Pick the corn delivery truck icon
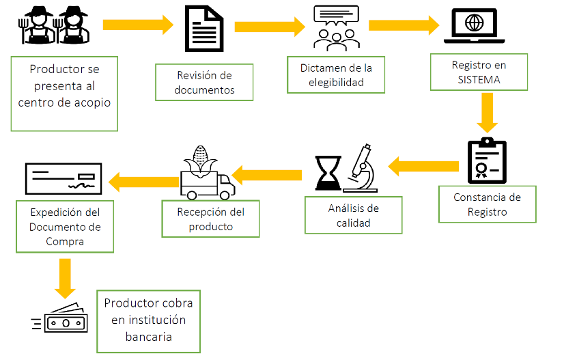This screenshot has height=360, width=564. pyautogui.click(x=206, y=171)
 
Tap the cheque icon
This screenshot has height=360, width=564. pyautogui.click(x=63, y=180)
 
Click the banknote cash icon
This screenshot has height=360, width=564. pyautogui.click(x=66, y=320)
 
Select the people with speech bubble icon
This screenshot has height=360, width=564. pyautogui.click(x=336, y=28)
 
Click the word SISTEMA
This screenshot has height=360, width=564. pyautogui.click(x=479, y=79)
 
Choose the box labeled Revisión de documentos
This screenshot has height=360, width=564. pyautogui.click(x=204, y=82)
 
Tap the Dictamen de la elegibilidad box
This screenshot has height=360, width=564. pyautogui.click(x=336, y=75)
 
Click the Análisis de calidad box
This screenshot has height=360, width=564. pyautogui.click(x=354, y=215)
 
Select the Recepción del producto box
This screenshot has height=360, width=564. pyautogui.click(x=210, y=219)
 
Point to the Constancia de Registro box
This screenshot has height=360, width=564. pyautogui.click(x=487, y=204)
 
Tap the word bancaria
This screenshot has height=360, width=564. pyautogui.click(x=148, y=337)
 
